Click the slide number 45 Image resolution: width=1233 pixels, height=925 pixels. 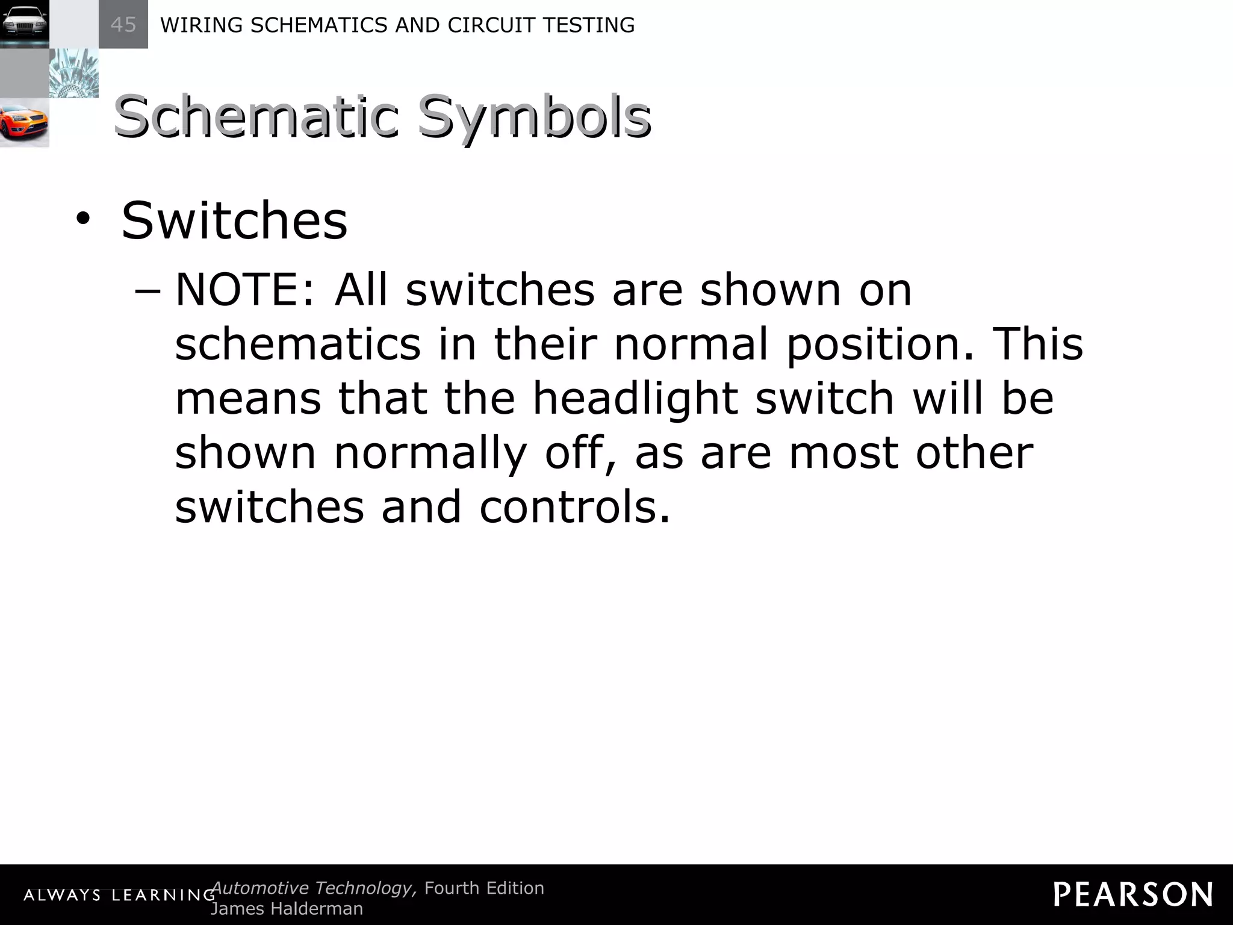pyautogui.click(x=123, y=25)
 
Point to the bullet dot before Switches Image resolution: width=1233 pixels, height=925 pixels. pyautogui.click(x=82, y=220)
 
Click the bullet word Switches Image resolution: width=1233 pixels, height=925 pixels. pyautogui.click(x=234, y=220)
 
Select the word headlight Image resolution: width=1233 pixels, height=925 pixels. pyautogui.click(x=635, y=398)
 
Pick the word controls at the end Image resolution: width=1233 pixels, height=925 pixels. pyautogui.click(x=574, y=507)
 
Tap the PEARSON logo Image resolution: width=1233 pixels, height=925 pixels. pyautogui.click(x=1132, y=894)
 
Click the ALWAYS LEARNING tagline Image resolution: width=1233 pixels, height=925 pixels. pyautogui.click(x=119, y=895)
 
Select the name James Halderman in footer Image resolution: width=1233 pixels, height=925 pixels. pyautogui.click(x=287, y=909)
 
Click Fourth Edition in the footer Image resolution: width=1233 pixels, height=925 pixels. pyautogui.click(x=484, y=888)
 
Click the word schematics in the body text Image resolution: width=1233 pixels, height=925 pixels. pyautogui.click(x=297, y=344)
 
